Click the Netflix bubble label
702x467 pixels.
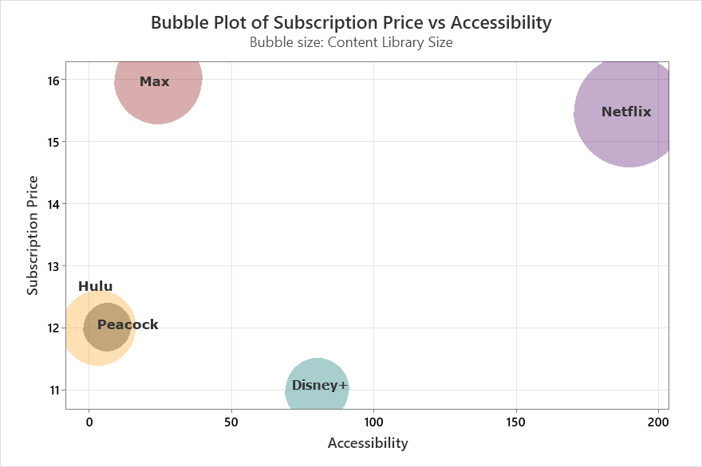626,112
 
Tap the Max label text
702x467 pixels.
154,82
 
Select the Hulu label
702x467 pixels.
95,287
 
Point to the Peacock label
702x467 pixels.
128,325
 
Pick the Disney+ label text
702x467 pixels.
319,386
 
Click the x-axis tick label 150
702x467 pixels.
515,421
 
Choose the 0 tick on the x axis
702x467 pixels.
89,421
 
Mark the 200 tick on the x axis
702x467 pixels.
657,421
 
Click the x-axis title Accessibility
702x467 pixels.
367,443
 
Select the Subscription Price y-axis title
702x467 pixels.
33,235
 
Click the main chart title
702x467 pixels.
351,22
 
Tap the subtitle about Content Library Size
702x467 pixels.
351,43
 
